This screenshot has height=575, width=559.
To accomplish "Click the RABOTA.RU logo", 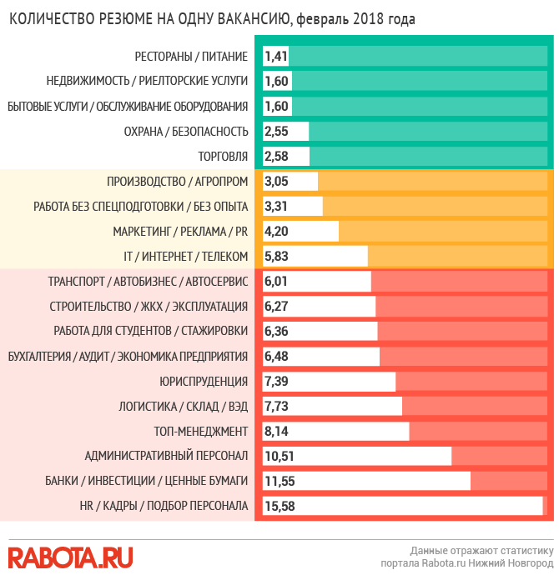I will click(x=70, y=557).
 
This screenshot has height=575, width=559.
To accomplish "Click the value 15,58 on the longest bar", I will click(x=279, y=506).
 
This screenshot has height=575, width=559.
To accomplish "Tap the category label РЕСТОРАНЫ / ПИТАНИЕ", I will click(x=191, y=57).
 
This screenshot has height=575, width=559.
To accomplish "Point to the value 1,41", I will click(x=276, y=57).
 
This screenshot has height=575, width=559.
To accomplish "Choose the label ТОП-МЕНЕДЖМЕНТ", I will click(x=201, y=431).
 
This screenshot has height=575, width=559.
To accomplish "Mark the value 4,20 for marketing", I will click(x=277, y=232).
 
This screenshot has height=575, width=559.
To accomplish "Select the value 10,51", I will click(x=279, y=456).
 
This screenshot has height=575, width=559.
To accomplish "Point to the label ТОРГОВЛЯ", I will click(x=223, y=156).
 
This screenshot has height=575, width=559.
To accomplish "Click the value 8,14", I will click(x=277, y=431).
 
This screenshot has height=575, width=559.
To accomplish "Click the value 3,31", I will click(x=277, y=207).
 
